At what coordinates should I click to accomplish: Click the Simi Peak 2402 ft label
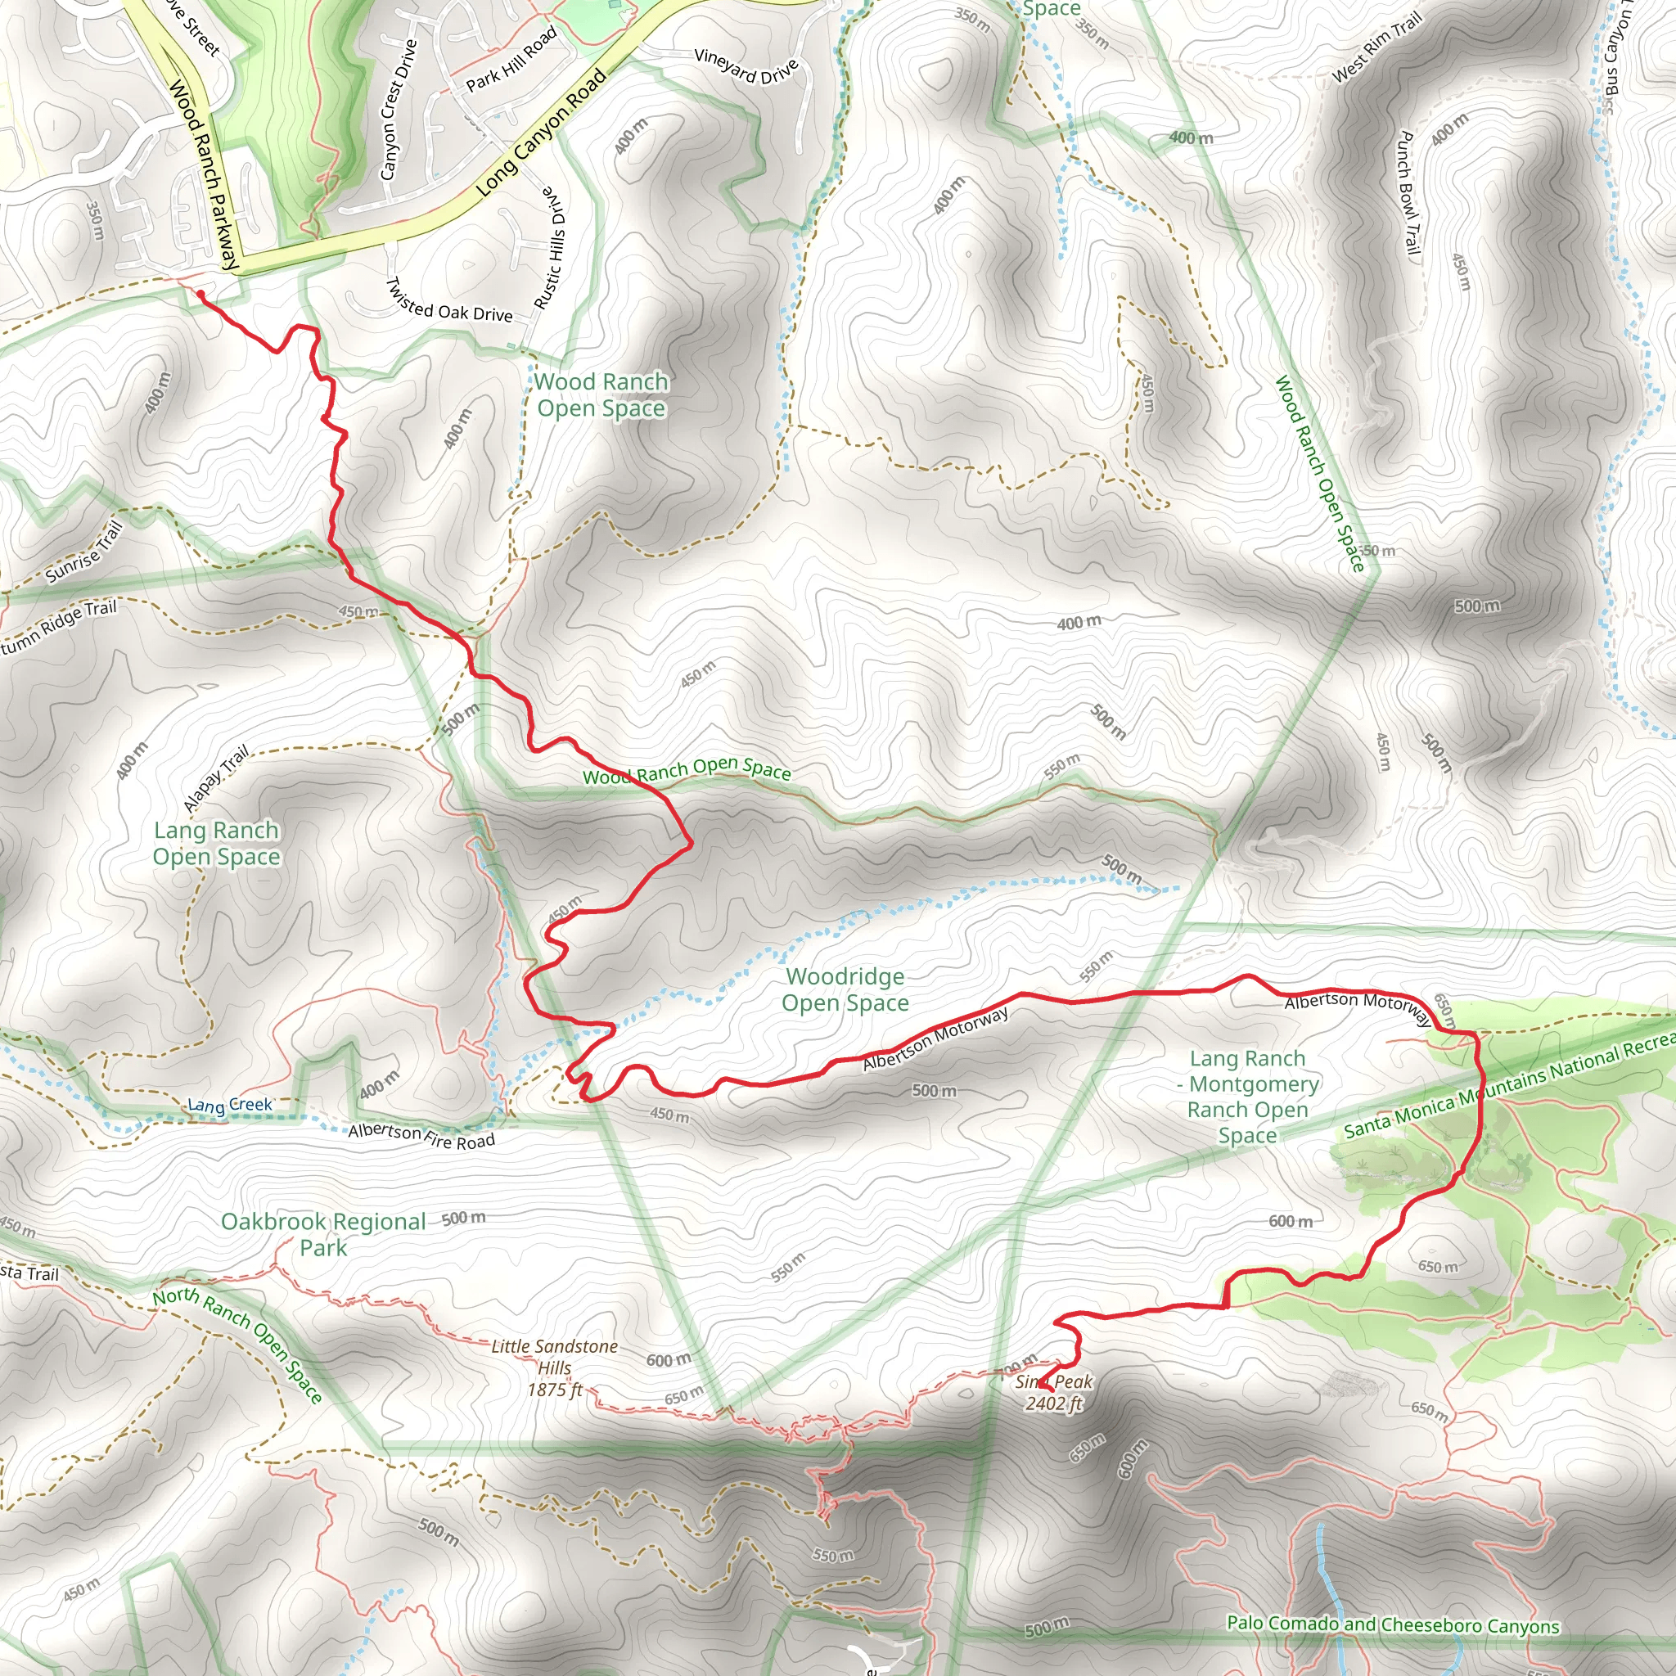click(x=1053, y=1392)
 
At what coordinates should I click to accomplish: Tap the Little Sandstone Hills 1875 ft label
click(x=554, y=1368)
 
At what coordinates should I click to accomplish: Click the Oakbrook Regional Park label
click(x=322, y=1234)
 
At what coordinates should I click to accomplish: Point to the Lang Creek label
click(x=230, y=1105)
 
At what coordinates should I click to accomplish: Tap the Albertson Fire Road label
click(x=421, y=1136)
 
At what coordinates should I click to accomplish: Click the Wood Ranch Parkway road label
click(x=203, y=173)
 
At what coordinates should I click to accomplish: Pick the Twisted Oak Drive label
click(x=448, y=302)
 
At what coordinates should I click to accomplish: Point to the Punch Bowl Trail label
click(x=1409, y=192)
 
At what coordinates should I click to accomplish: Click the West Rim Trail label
click(x=1376, y=47)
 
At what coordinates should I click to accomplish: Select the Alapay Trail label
click(x=216, y=778)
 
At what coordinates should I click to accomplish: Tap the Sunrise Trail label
click(x=84, y=552)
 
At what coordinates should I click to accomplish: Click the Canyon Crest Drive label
click(x=399, y=110)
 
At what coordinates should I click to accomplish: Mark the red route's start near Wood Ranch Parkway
click(x=200, y=295)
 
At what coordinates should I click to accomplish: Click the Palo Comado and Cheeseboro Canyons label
click(x=1392, y=1624)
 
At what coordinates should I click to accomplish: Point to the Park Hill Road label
click(x=511, y=60)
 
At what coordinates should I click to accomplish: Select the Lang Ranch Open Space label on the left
click(x=216, y=843)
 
